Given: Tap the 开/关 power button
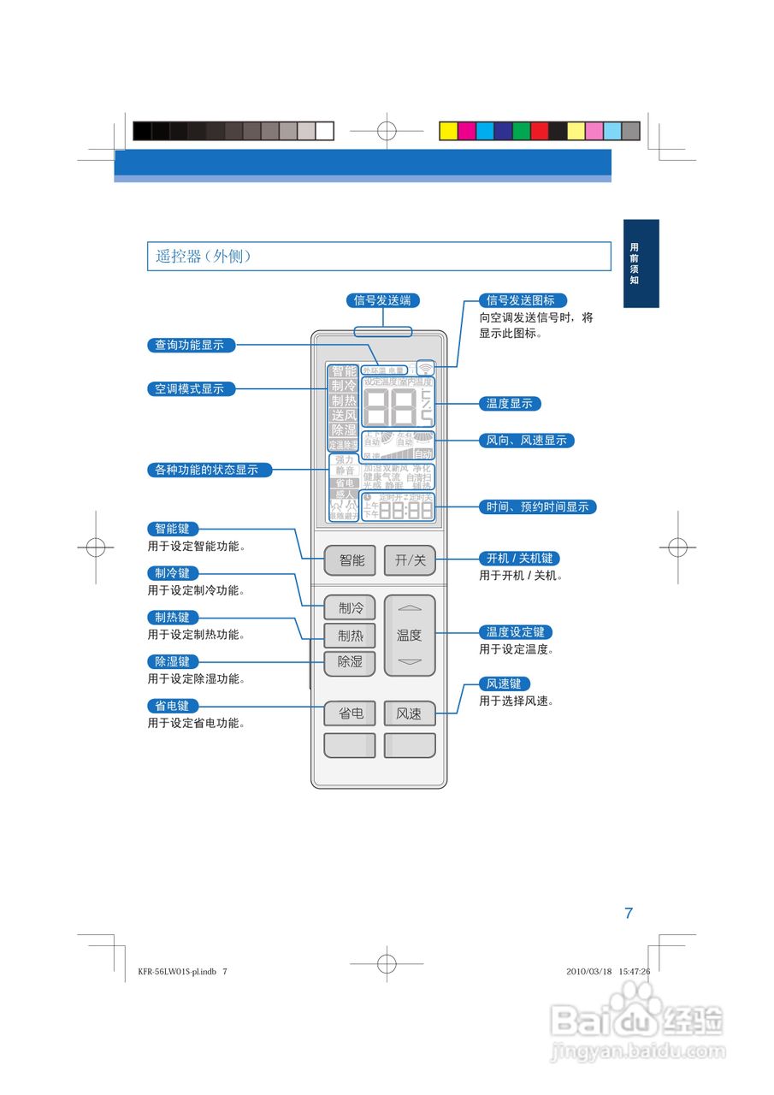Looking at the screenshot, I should [410, 560].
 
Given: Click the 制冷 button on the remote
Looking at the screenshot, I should [350, 608].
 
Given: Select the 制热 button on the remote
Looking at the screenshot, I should [350, 636].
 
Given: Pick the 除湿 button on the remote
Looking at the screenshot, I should [350, 662].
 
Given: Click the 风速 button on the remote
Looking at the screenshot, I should [410, 713].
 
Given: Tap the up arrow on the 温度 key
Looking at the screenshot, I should [410, 608].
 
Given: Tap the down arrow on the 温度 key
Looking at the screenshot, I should [410, 662].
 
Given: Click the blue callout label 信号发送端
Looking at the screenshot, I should [382, 300].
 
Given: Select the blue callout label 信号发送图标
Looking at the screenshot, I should [521, 300].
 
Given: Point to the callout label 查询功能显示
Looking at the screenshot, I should [190, 345].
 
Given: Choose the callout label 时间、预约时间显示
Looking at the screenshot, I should [537, 506].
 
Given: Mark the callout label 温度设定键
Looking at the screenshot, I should [515, 632].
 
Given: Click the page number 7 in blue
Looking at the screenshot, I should [629, 913].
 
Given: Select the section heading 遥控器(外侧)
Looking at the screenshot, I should [203, 256].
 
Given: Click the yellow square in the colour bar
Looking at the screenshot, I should [447, 131].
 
